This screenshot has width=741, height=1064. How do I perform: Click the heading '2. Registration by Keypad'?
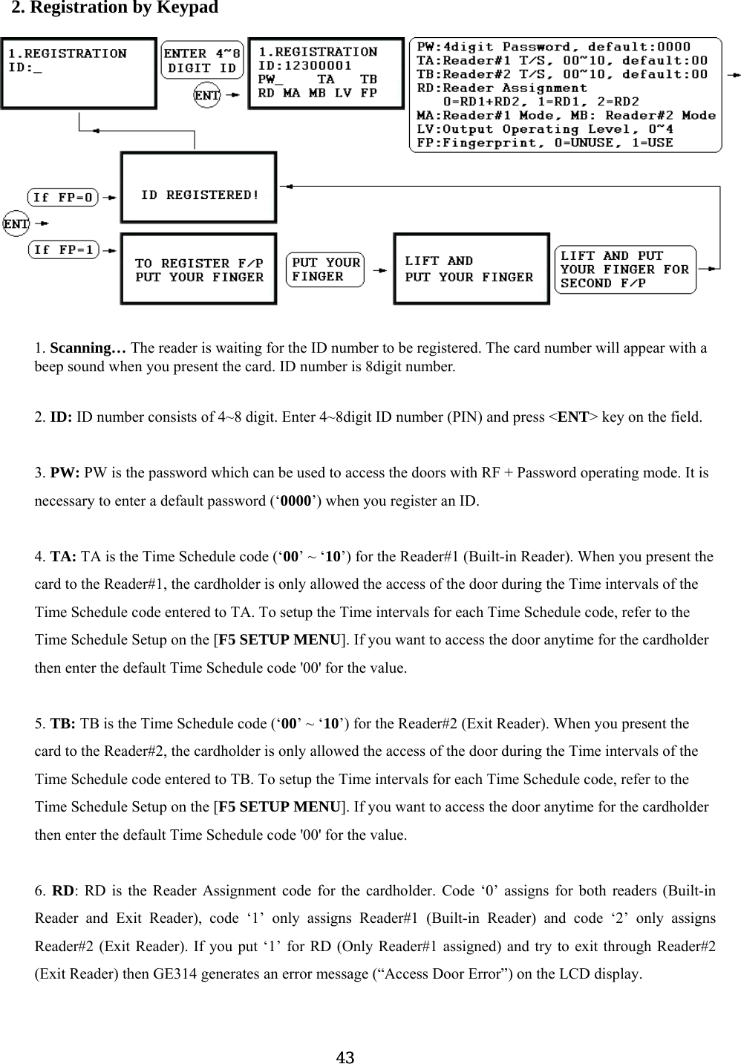(114, 8)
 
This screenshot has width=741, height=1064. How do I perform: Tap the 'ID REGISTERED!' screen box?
(199, 188)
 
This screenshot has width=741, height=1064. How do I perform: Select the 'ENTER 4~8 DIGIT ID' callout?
(202, 61)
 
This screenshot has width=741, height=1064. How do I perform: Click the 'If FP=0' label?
(64, 198)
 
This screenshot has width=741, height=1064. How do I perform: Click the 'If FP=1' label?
(64, 249)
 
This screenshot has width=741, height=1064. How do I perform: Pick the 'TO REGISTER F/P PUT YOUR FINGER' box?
(199, 270)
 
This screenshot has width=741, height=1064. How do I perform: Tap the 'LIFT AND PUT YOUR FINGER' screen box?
(471, 269)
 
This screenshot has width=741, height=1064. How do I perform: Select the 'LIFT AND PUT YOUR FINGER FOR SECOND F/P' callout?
(624, 270)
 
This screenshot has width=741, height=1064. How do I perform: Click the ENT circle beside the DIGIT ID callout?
(206, 95)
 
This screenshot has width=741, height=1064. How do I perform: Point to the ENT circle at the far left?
(16, 223)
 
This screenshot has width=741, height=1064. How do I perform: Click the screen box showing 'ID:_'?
(79, 72)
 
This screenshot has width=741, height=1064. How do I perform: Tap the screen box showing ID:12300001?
(326, 72)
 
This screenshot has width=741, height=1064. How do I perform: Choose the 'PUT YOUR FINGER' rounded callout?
(325, 270)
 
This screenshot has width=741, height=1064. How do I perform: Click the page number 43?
(345, 1057)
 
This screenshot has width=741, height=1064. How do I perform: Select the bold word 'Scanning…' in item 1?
(88, 347)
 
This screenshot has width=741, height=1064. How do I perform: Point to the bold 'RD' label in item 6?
(62, 890)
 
